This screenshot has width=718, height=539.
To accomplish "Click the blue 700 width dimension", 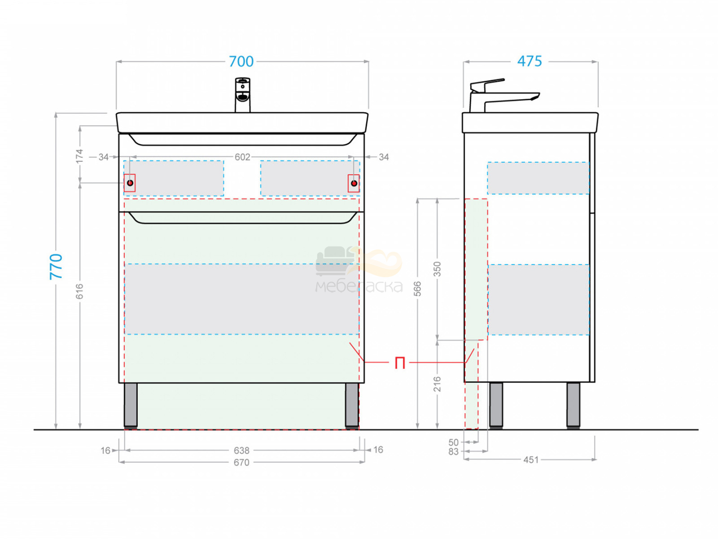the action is click(x=241, y=61).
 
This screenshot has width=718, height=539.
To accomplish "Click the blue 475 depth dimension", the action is click(x=530, y=61).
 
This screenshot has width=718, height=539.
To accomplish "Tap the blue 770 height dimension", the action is click(x=56, y=266).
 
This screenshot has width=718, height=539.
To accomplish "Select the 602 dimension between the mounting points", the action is click(x=242, y=157).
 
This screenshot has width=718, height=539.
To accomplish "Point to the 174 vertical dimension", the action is click(x=80, y=156).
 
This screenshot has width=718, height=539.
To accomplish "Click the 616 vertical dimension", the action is click(x=79, y=291).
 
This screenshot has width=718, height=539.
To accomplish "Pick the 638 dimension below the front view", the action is click(x=242, y=451).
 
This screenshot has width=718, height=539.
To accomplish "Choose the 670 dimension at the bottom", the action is click(x=242, y=463).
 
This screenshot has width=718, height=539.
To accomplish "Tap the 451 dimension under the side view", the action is click(x=531, y=460).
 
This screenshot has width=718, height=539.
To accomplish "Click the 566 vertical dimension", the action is click(x=417, y=289).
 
